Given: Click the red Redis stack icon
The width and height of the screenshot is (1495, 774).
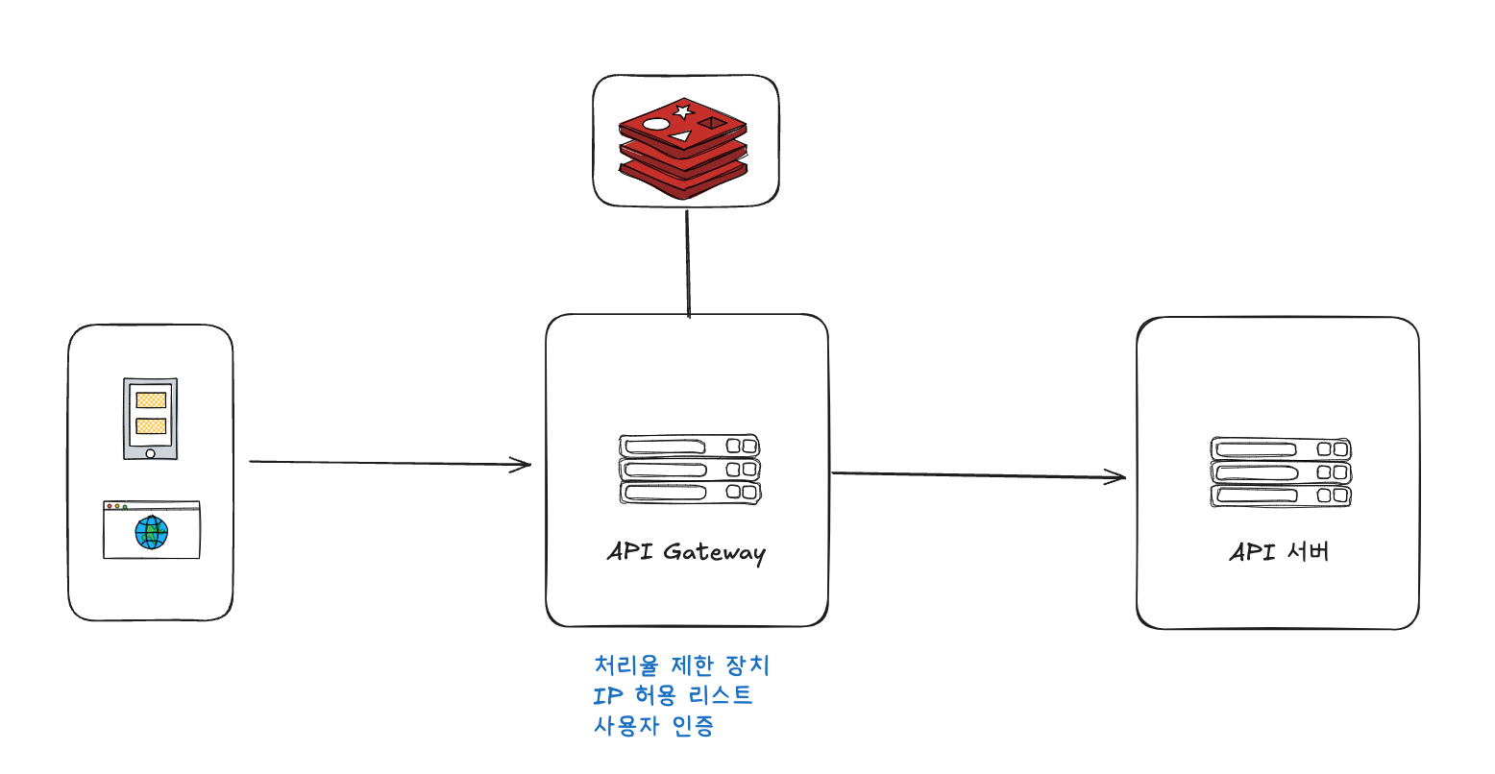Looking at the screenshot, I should tap(683, 148).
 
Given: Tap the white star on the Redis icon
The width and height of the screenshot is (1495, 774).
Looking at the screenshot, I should tap(683, 112).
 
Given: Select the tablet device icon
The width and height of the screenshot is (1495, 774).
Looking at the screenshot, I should tap(150, 419).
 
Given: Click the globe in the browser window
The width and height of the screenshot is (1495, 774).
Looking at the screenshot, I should tap(152, 532).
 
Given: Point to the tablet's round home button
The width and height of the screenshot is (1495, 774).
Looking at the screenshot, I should tap(150, 452).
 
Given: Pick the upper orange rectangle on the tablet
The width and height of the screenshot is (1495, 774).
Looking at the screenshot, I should tap(151, 400).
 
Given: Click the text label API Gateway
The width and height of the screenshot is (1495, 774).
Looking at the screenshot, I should tap(686, 552).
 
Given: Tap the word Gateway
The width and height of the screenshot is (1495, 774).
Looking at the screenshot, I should tap(714, 553).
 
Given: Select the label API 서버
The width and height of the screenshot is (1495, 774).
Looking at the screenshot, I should tap(1279, 552).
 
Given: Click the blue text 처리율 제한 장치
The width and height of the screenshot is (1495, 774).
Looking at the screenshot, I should tap(682, 665).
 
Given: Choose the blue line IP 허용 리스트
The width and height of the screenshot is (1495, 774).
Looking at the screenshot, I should tap(673, 695).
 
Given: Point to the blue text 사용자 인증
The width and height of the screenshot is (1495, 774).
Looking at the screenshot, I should tap(653, 725).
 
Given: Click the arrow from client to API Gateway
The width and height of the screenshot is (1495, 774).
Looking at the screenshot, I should tap(389, 464).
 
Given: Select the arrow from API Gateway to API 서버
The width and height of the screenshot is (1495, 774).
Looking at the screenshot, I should tap(977, 474).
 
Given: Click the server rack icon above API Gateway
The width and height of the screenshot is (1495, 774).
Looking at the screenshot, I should tap(690, 470).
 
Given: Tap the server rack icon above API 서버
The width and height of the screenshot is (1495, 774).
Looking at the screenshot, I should tap(1281, 472).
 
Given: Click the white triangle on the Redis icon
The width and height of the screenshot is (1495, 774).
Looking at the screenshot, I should tap(681, 136).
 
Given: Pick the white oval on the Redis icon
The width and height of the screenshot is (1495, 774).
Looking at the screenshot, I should tap(656, 124).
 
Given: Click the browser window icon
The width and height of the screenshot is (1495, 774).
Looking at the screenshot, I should tap(152, 529).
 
